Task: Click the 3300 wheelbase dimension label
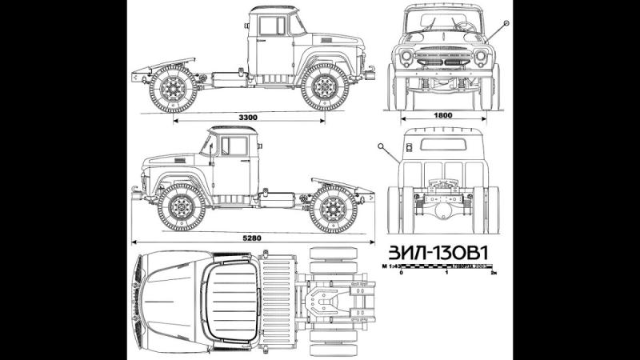248,118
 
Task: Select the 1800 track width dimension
443,115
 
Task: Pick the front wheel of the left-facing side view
182,206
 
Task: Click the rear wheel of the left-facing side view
333,208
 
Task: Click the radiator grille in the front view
443,58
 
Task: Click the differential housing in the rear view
442,204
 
